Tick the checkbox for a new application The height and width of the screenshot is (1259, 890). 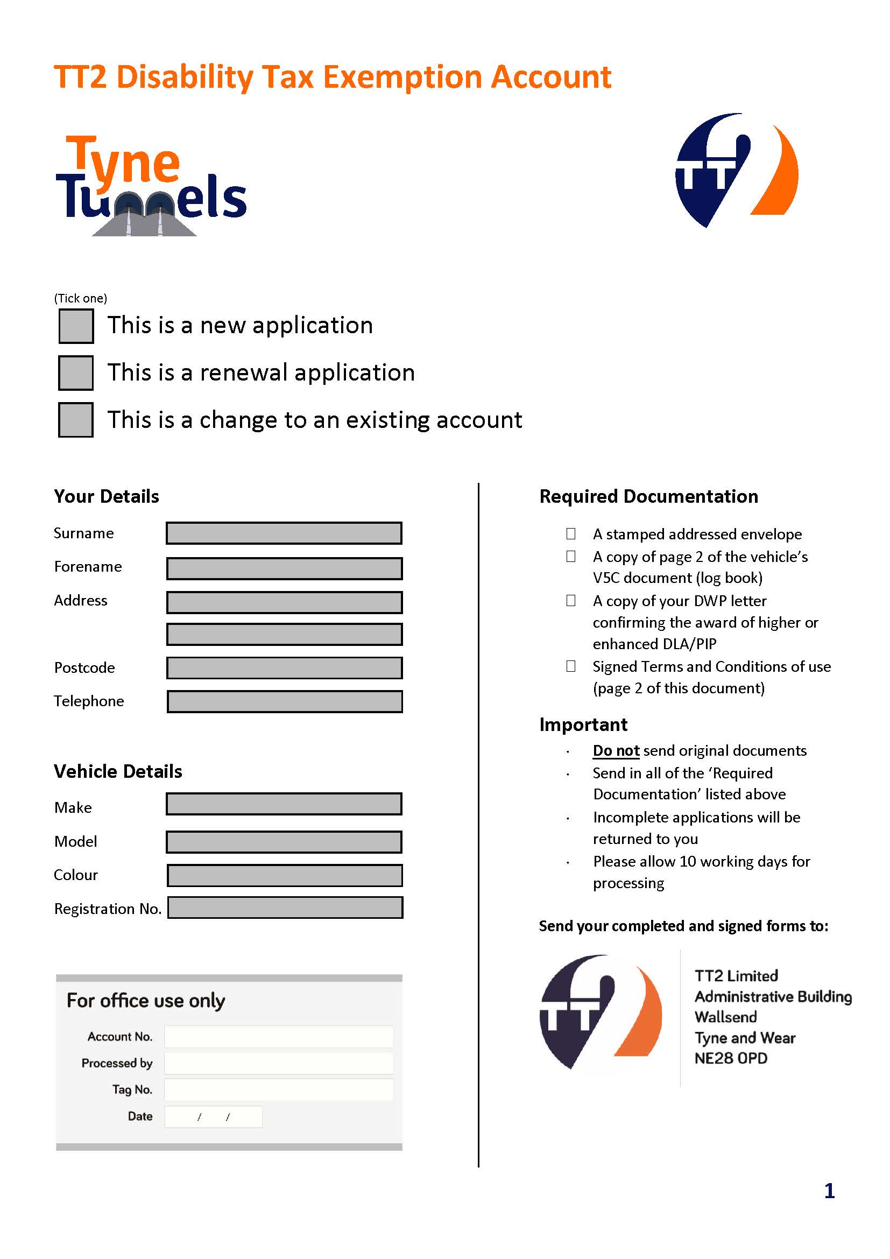[76, 326]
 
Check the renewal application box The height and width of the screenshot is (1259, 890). [76, 373]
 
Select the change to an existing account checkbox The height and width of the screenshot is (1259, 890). [76, 420]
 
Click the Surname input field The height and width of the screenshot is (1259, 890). [284, 533]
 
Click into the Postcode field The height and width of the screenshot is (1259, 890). [284, 667]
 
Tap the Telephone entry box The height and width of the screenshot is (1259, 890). [284, 701]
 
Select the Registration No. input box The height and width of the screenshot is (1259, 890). [285, 908]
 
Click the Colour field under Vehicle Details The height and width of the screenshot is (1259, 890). [284, 875]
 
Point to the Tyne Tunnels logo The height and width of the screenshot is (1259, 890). [151, 186]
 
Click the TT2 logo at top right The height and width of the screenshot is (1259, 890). [736, 170]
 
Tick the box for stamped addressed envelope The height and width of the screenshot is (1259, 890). [570, 533]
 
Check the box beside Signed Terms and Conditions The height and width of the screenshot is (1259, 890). [570, 666]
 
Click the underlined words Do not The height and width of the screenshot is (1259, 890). [616, 750]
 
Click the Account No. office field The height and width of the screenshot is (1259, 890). [278, 1036]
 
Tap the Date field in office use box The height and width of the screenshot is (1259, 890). [213, 1116]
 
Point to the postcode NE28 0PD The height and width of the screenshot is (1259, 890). [731, 1058]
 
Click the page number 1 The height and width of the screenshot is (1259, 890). [829, 1191]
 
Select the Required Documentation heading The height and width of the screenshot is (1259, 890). [648, 496]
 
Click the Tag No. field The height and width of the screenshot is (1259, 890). [278, 1089]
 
